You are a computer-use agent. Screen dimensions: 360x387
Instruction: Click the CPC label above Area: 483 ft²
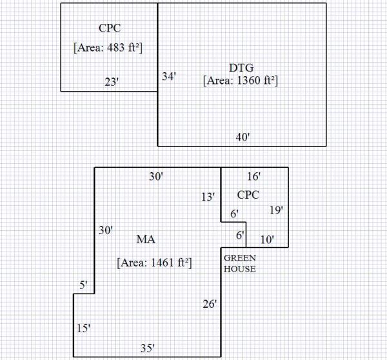pos(110,28)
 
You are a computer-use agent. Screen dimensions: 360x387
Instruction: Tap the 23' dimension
pos(112,82)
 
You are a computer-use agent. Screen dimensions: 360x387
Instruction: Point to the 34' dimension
pos(169,76)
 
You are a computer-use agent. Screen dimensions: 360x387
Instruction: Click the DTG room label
pos(241,67)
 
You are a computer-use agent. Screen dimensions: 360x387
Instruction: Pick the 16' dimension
pos(254,176)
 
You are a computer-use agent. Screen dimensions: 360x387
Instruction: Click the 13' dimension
pos(208,197)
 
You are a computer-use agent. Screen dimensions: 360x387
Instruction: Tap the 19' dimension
pos(276,210)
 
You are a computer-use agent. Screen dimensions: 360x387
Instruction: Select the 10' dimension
pos(267,239)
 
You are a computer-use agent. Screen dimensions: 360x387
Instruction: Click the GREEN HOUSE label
pos(239,263)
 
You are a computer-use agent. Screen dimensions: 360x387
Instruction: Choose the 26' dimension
pos(210,303)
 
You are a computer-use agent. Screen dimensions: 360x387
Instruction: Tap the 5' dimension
pos(83,285)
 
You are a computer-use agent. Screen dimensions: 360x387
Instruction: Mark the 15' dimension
pos(83,328)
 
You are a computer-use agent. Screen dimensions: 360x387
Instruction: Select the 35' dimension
pos(147,348)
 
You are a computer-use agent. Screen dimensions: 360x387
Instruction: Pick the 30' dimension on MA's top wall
pos(155,176)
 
